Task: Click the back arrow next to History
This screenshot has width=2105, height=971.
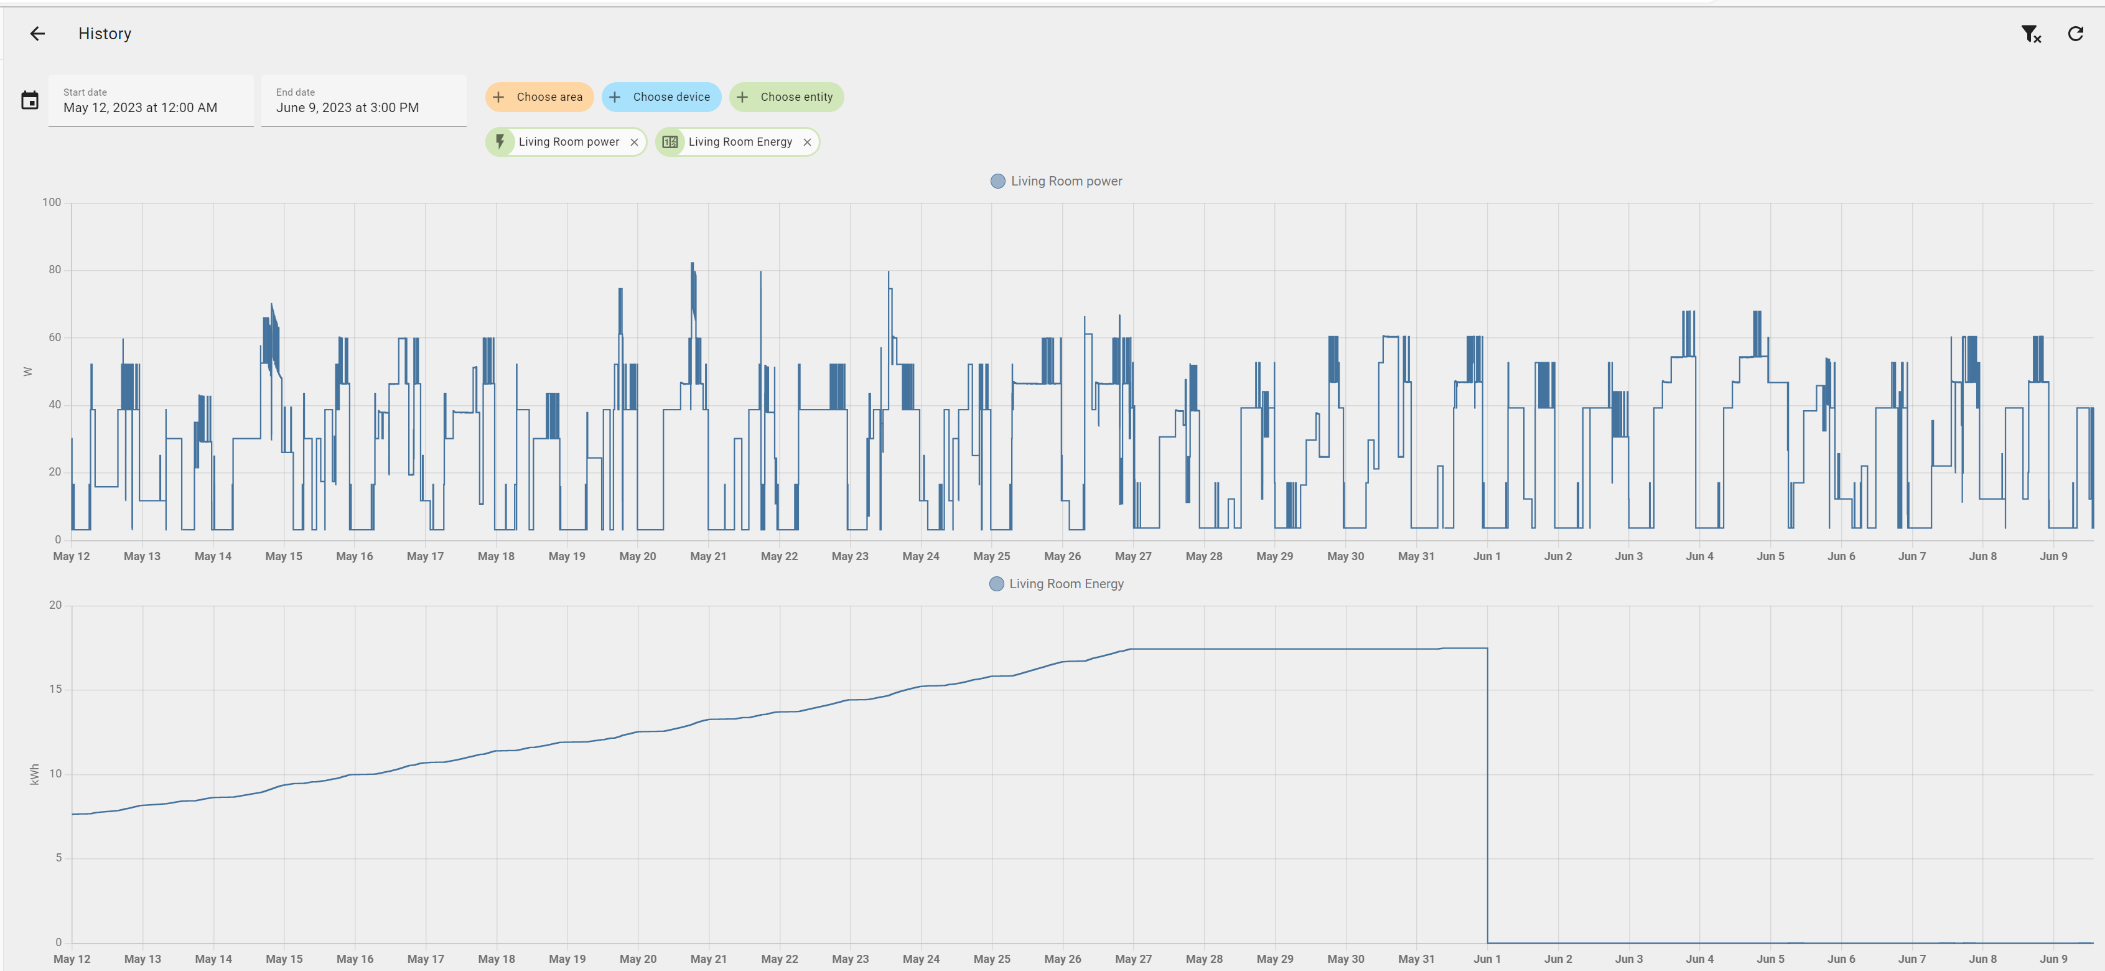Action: pos(37,34)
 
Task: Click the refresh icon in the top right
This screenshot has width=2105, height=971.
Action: pos(2075,34)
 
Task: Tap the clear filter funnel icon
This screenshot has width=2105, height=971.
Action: pos(2030,34)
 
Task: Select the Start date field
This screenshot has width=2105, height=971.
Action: pos(151,101)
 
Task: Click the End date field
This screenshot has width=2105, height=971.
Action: pos(363,101)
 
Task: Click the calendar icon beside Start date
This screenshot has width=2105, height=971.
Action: pos(29,101)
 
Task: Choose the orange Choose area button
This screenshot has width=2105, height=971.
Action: pos(539,97)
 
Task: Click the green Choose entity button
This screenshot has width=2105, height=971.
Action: pos(786,97)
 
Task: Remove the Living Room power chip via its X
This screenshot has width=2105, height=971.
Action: pos(634,142)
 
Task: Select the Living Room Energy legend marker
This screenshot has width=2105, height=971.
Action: pos(996,584)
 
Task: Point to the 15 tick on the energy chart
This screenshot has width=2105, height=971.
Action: pos(55,689)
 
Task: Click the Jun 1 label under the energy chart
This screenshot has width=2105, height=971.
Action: pos(1487,959)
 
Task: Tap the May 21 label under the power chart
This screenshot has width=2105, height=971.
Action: pos(707,556)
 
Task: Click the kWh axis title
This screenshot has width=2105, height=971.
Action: pos(34,774)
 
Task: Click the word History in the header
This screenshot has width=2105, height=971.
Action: pos(105,34)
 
